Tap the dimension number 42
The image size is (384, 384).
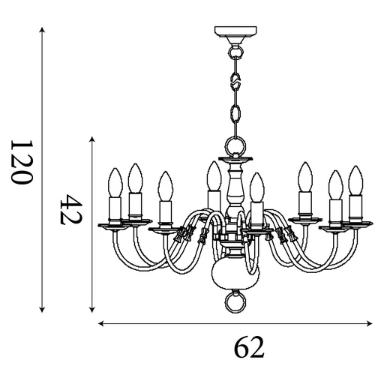(70, 209)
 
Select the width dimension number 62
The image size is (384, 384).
(249, 347)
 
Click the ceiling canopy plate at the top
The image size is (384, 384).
(235, 31)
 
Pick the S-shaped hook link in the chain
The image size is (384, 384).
(235, 77)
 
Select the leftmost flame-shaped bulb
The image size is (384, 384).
(115, 182)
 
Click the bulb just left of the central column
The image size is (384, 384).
(214, 176)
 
